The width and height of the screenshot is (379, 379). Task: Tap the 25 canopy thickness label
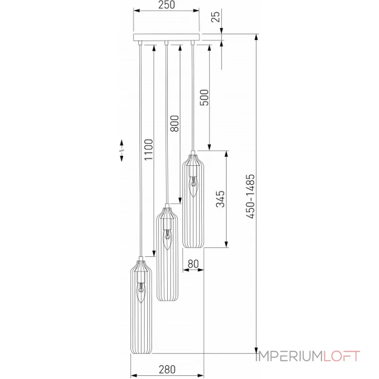click(x=216, y=18)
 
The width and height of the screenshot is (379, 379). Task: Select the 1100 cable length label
click(x=149, y=151)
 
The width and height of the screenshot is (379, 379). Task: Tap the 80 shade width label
click(x=193, y=263)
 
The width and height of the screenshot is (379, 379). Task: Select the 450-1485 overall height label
click(x=251, y=196)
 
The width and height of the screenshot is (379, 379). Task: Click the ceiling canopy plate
click(x=167, y=37)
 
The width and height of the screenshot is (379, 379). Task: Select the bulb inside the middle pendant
click(x=167, y=240)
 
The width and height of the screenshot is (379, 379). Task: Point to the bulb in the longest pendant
click(x=141, y=292)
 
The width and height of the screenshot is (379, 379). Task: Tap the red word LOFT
click(x=342, y=356)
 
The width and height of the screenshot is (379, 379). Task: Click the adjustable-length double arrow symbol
click(x=122, y=151)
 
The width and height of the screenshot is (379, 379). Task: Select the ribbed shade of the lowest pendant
click(x=141, y=327)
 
